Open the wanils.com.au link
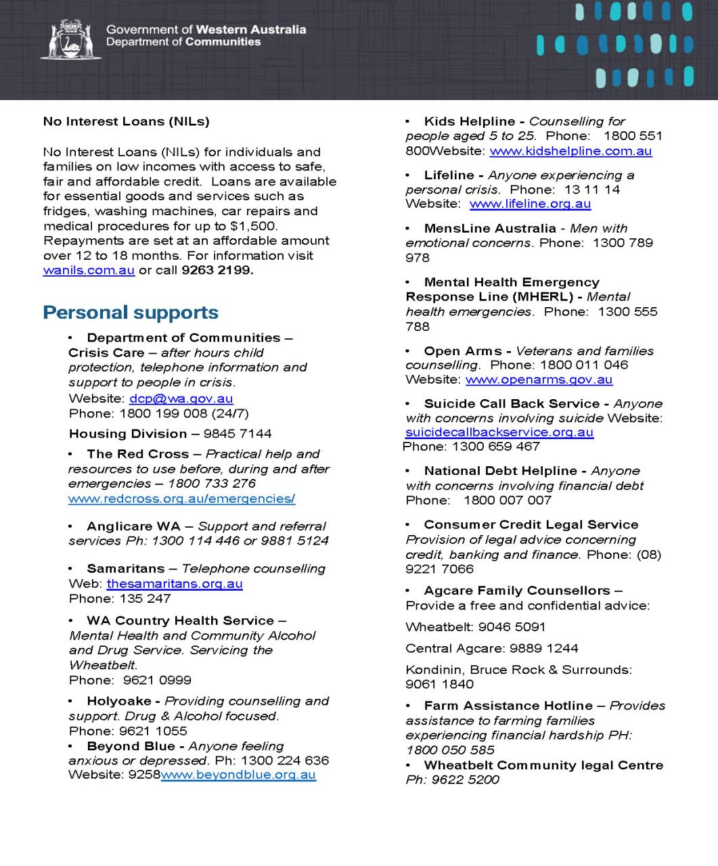pyautogui.click(x=89, y=271)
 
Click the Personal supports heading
pyautogui.click(x=131, y=313)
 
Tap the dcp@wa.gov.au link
pyautogui.click(x=181, y=399)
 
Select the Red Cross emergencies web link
pyautogui.click(x=181, y=499)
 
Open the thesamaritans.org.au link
pyautogui.click(x=174, y=584)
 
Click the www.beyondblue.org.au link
pyautogui.click(x=238, y=775)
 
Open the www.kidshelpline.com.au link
pyautogui.click(x=570, y=151)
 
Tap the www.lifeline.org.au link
pyautogui.click(x=530, y=204)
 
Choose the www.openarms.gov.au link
pyautogui.click(x=539, y=380)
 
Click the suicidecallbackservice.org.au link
pyautogui.click(x=499, y=432)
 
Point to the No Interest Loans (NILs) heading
pyautogui.click(x=126, y=122)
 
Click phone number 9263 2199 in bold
pyautogui.click(x=217, y=271)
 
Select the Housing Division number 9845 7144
pyautogui.click(x=237, y=434)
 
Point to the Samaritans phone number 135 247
pyautogui.click(x=145, y=599)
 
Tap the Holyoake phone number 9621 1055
pyautogui.click(x=153, y=731)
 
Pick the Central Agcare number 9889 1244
pyautogui.click(x=543, y=649)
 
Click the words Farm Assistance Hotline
pyautogui.click(x=508, y=706)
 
